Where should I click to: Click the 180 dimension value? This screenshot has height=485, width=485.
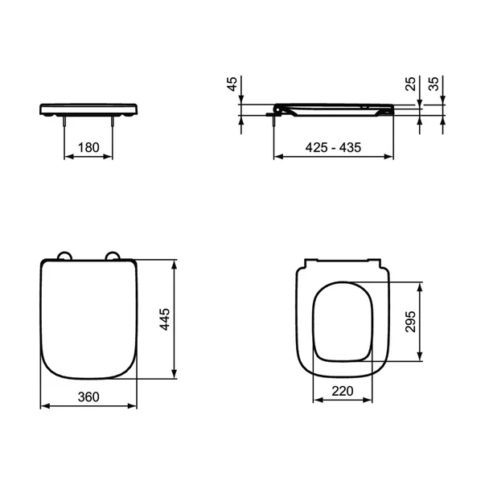(x=88, y=147)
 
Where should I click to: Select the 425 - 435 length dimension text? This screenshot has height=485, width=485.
(x=334, y=147)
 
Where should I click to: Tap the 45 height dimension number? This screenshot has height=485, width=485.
(x=234, y=85)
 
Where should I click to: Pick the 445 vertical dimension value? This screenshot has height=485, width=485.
(x=166, y=319)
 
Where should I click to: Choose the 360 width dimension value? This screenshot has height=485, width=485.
(x=88, y=396)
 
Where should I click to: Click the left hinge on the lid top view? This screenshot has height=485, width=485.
(x=64, y=256)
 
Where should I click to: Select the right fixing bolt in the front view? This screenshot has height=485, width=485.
(x=113, y=121)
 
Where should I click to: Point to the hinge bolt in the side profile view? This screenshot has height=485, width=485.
(x=276, y=119)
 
